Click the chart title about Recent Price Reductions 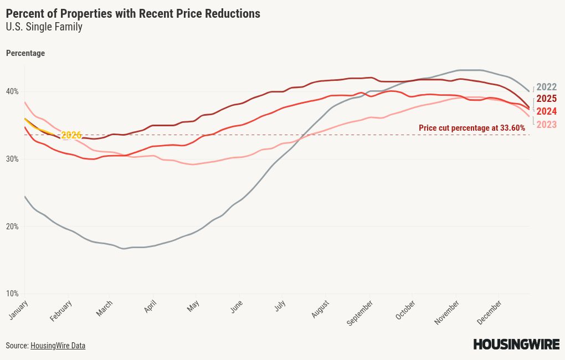pyautogui.click(x=133, y=14)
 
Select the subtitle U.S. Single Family pyautogui.click(x=44, y=27)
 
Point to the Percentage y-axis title pyautogui.click(x=25, y=54)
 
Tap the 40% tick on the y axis pyautogui.click(x=12, y=91)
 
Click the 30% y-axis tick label pyautogui.click(x=12, y=159)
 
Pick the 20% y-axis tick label pyautogui.click(x=12, y=227)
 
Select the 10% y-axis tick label pyautogui.click(x=12, y=294)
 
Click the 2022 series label pyautogui.click(x=546, y=87)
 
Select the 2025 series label pyautogui.click(x=546, y=99)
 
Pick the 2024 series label pyautogui.click(x=546, y=112)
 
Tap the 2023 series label pyautogui.click(x=546, y=125)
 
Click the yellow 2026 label pyautogui.click(x=71, y=135)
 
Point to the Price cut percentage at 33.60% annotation pyautogui.click(x=471, y=128)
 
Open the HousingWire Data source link pyautogui.click(x=58, y=346)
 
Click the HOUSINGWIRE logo pyautogui.click(x=516, y=344)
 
